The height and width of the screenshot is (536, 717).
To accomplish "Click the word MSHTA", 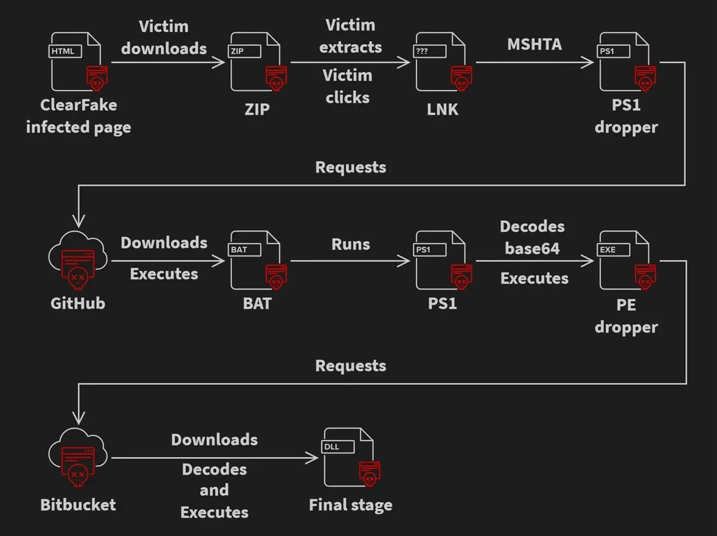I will click(534, 45).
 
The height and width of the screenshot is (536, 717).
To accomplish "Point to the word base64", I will click(532, 248).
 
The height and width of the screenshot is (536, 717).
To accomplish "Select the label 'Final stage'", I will click(351, 506).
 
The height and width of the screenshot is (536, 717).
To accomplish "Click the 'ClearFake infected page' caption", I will click(78, 116).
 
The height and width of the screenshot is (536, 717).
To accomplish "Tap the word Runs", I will click(351, 244).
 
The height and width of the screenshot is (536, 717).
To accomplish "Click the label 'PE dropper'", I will click(626, 316).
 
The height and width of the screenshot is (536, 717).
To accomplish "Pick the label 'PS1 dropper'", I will click(626, 116).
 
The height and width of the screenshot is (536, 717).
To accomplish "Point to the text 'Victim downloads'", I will click(164, 38).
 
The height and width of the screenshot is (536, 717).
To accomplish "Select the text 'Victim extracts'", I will click(351, 36).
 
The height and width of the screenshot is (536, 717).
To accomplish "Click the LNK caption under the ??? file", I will click(442, 109).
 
